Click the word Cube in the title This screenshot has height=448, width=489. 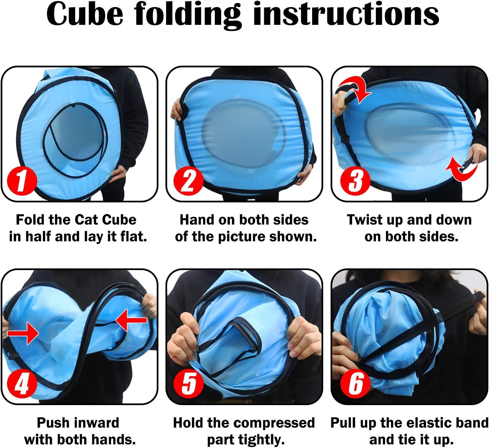coord(85,14)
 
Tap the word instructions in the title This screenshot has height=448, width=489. coord(346,14)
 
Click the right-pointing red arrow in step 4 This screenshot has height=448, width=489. coord(23,333)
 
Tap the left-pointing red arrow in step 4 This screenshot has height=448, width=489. coord(131,320)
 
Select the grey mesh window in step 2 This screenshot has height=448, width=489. coord(244,134)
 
